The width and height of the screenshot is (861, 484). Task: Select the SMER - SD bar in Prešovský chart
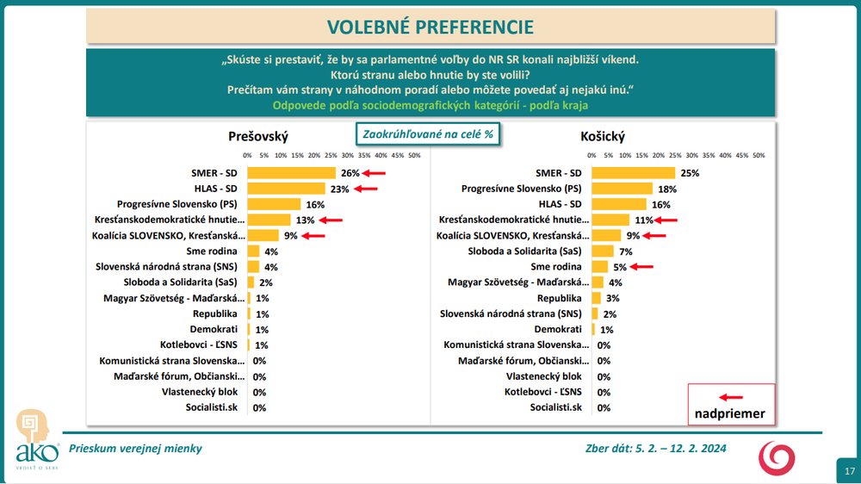coord(290,173)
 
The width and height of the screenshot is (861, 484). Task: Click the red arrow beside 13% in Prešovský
coord(331,220)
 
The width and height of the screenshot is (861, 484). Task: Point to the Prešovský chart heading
coord(258,136)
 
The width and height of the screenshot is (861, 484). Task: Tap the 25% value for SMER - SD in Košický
coord(689,173)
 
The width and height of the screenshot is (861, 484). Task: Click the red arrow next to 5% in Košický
coord(641,267)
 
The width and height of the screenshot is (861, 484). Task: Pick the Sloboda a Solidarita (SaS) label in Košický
coord(533,251)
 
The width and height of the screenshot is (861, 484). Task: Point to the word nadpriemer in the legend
coord(730,413)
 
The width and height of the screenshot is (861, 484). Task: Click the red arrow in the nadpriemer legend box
coord(730,397)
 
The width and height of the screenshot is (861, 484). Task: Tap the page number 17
coord(849,471)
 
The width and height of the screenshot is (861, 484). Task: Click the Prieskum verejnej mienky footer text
coord(136,449)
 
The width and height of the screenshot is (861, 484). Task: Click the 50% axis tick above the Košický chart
coord(759,156)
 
